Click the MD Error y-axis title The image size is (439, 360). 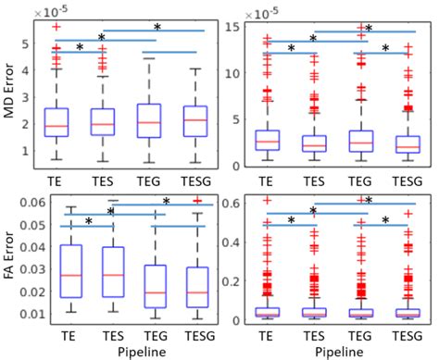pyautogui.click(x=10, y=93)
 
